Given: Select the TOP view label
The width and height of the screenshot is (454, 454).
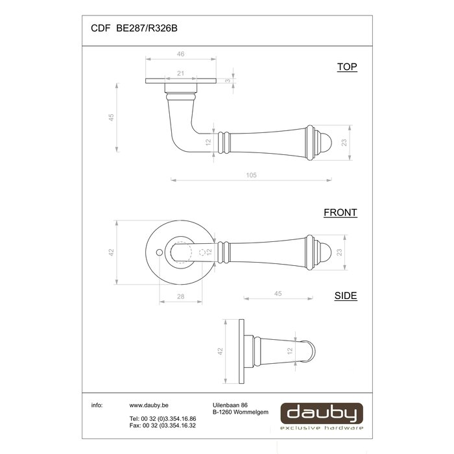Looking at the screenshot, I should click(x=347, y=67).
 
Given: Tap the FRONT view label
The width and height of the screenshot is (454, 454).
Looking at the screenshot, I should click(x=340, y=212).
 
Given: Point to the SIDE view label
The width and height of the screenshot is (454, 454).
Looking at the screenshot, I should click(x=345, y=296).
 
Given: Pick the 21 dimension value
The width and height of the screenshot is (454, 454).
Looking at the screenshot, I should click(x=181, y=74).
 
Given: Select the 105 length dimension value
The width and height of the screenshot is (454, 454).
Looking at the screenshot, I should click(x=252, y=175).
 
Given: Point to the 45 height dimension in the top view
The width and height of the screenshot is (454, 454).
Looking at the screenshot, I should click(x=111, y=117).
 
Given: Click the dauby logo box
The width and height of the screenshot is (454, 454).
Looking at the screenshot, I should click(x=322, y=415).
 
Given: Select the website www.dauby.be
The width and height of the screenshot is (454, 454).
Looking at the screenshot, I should click(x=145, y=405).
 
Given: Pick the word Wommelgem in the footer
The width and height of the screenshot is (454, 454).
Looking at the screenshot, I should click(x=247, y=411).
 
